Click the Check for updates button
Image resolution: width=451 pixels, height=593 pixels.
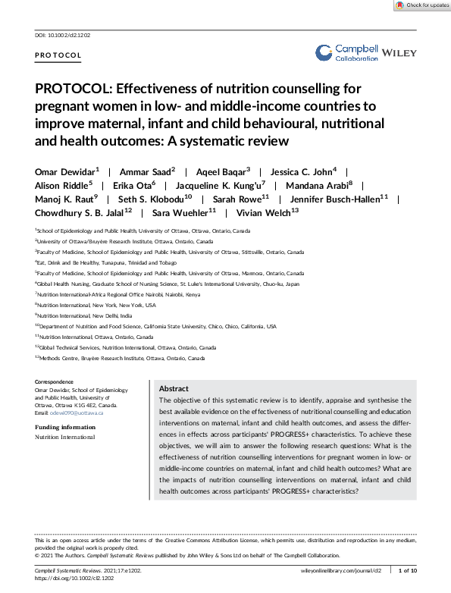421,5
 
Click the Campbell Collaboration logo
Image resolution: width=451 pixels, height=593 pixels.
346,52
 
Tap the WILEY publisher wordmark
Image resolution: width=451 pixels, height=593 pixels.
399,53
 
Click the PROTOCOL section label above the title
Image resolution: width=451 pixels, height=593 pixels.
58,56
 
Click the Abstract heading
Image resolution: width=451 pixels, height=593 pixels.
174,388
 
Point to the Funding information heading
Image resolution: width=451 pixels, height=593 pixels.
65,427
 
